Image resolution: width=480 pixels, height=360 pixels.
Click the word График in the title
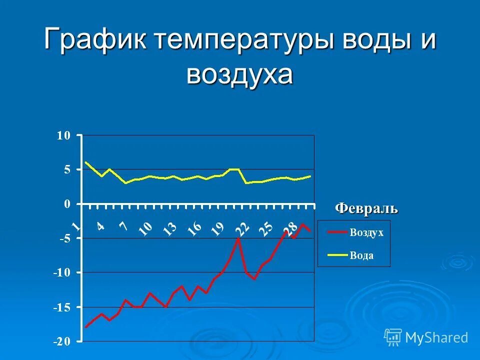(x=95, y=40)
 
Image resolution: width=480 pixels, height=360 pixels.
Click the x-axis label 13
(x=170, y=228)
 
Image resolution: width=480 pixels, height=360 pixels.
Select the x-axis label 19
(x=217, y=228)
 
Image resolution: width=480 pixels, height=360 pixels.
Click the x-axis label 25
(x=265, y=228)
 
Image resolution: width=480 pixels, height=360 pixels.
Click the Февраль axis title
(x=366, y=207)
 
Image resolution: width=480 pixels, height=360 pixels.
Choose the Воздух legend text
(x=366, y=232)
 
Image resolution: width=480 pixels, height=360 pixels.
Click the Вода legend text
(x=361, y=255)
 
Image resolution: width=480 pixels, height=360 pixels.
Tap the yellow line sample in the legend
(x=337, y=255)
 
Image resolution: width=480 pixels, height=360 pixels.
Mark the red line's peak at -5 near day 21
(x=238, y=238)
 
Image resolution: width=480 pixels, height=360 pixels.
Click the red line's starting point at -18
(x=86, y=327)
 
